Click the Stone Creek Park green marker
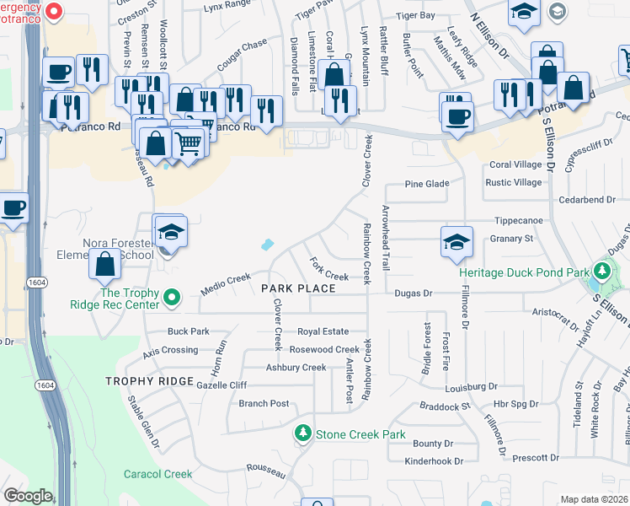pyautogui.click(x=303, y=433)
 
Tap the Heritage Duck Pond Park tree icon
pyautogui.click(x=601, y=272)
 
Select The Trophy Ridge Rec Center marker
pyautogui.click(x=172, y=297)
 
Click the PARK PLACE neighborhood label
pyautogui.click(x=298, y=288)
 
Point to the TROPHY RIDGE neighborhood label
pyautogui.click(x=150, y=382)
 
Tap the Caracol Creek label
pyautogui.click(x=158, y=474)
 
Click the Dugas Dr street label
pyautogui.click(x=414, y=293)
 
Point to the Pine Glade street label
pyautogui.click(x=424, y=183)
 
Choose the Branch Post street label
pyautogui.click(x=264, y=404)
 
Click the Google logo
pyautogui.click(x=28, y=496)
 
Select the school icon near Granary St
pyautogui.click(x=456, y=242)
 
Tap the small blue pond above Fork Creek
pyautogui.click(x=267, y=245)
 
